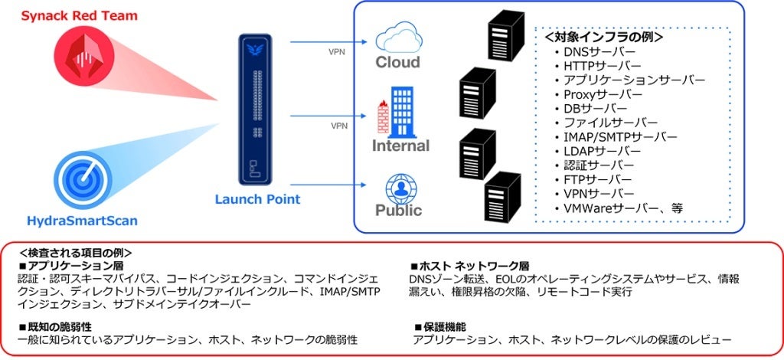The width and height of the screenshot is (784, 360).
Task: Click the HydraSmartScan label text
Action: click(82, 220)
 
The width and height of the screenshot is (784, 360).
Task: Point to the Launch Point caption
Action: click(256, 199)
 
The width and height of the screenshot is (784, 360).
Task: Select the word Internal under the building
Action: click(400, 145)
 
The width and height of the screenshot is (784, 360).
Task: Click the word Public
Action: click(398, 210)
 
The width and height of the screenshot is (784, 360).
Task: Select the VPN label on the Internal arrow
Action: click(339, 125)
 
